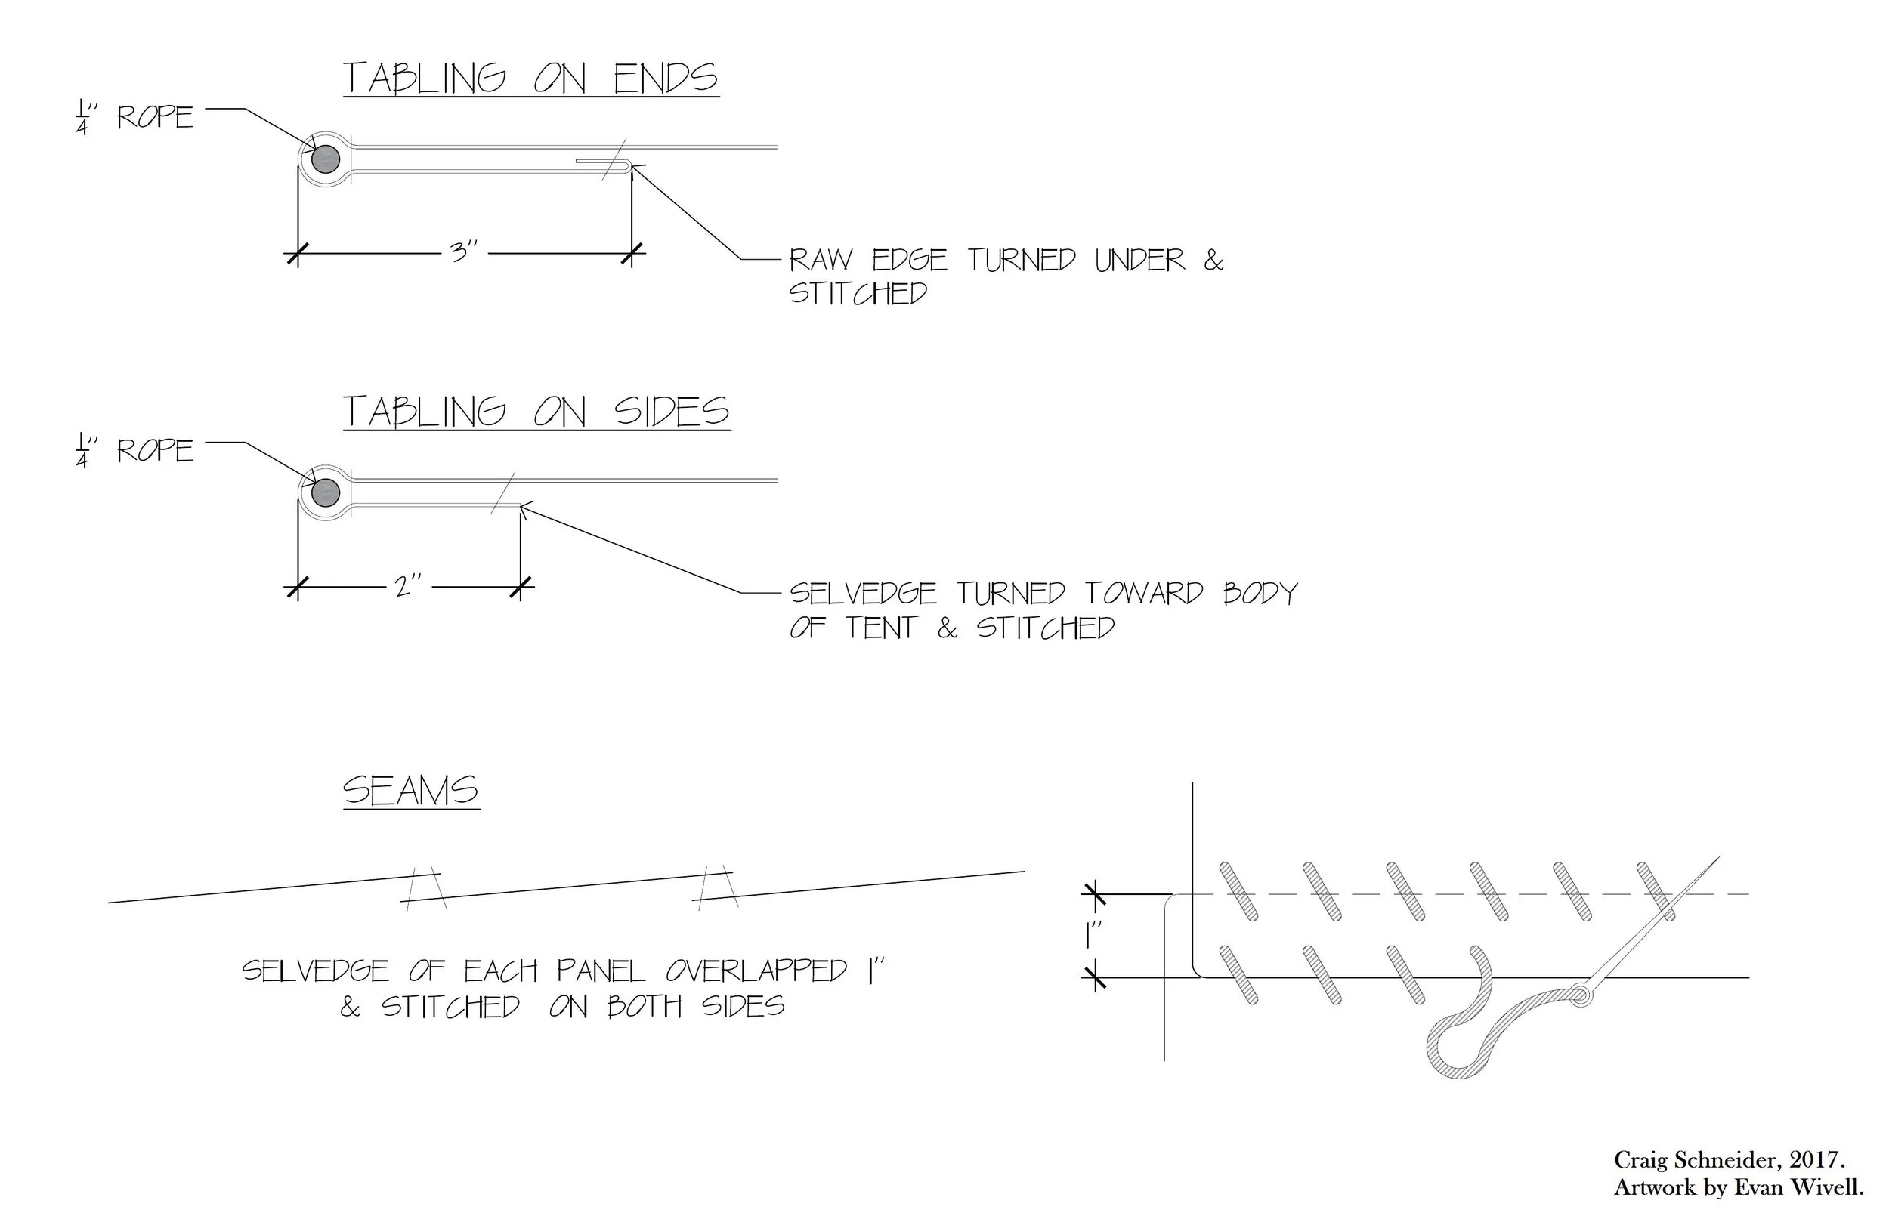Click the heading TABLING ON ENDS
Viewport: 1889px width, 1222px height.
(x=530, y=79)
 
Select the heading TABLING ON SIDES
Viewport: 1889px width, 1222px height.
(x=536, y=412)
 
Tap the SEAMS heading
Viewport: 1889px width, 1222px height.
(x=410, y=791)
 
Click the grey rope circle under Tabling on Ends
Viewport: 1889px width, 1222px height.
(x=326, y=159)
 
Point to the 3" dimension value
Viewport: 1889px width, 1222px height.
(x=464, y=252)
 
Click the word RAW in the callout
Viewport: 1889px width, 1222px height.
(x=821, y=261)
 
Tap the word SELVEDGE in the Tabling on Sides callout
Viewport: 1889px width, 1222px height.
(x=863, y=594)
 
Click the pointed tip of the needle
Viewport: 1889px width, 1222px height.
(x=1718, y=859)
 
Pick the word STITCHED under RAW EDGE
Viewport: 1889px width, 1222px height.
(x=858, y=294)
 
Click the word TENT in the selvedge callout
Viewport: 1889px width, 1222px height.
(x=881, y=628)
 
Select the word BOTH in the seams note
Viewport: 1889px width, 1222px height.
(x=644, y=1007)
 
